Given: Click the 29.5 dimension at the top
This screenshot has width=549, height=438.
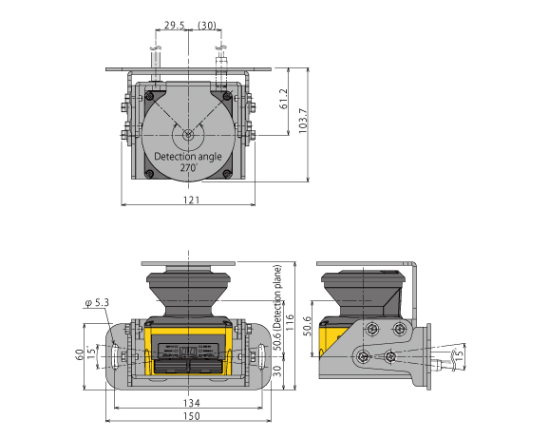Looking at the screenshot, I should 173,25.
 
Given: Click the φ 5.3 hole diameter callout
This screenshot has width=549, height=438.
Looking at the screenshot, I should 98,303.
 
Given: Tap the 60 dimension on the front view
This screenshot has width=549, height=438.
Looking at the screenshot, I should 80,354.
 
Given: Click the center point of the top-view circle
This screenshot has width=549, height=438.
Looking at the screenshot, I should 190,133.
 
